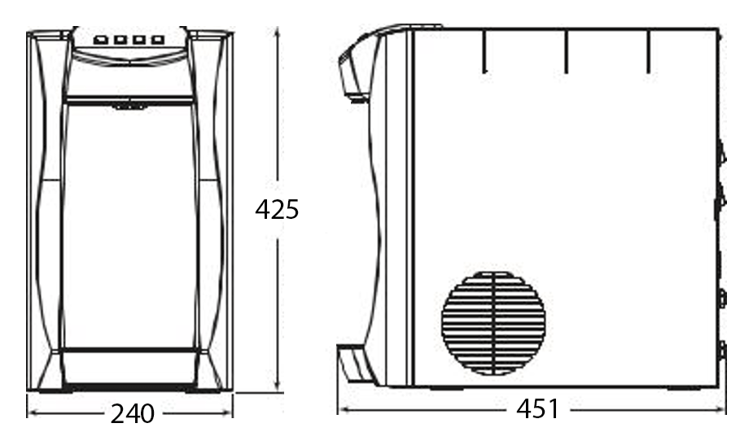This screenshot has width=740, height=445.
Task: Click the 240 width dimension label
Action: (x=132, y=414)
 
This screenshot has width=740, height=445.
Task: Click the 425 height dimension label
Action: (x=277, y=209)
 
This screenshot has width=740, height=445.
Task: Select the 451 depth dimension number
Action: (x=537, y=408)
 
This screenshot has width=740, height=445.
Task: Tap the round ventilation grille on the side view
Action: (x=493, y=324)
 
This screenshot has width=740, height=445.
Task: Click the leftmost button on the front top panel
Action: (x=100, y=40)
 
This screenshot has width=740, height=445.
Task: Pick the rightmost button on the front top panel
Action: (x=157, y=40)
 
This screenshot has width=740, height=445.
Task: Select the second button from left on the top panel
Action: (x=120, y=40)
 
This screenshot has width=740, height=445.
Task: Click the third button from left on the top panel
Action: (x=138, y=40)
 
